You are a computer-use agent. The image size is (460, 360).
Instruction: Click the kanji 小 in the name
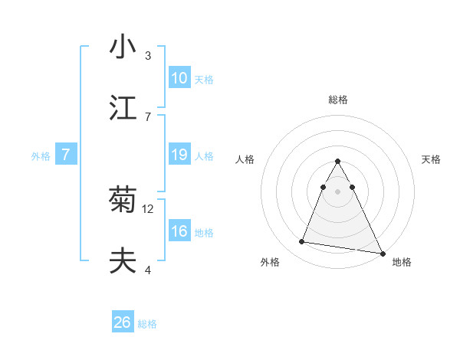[x=123, y=46]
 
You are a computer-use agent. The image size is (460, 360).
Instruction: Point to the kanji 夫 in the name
[x=123, y=262]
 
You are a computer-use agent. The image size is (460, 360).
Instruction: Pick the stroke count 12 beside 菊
[x=149, y=208]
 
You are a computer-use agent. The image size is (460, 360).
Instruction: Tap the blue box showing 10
[x=179, y=78]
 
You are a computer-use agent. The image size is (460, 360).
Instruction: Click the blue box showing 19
[x=179, y=155]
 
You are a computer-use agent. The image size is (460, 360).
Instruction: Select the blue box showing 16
[x=179, y=231]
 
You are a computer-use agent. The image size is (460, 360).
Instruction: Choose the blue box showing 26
[x=123, y=322]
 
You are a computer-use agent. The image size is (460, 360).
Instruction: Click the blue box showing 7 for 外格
[x=67, y=155]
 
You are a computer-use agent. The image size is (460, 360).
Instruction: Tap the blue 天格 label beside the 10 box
[x=204, y=80]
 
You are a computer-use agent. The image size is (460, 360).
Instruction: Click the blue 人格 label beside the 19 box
[x=204, y=156]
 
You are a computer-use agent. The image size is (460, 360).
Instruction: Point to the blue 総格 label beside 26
[x=147, y=324]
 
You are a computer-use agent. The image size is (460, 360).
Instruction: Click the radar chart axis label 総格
[x=338, y=100]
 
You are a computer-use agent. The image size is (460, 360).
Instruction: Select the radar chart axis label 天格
[x=432, y=159]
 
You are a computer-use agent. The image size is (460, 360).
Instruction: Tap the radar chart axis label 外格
[x=270, y=262]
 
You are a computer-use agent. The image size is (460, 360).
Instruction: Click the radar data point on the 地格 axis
[x=382, y=253]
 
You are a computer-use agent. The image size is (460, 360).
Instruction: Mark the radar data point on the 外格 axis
[x=302, y=242]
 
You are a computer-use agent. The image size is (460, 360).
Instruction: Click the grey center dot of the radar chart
[x=338, y=191]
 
